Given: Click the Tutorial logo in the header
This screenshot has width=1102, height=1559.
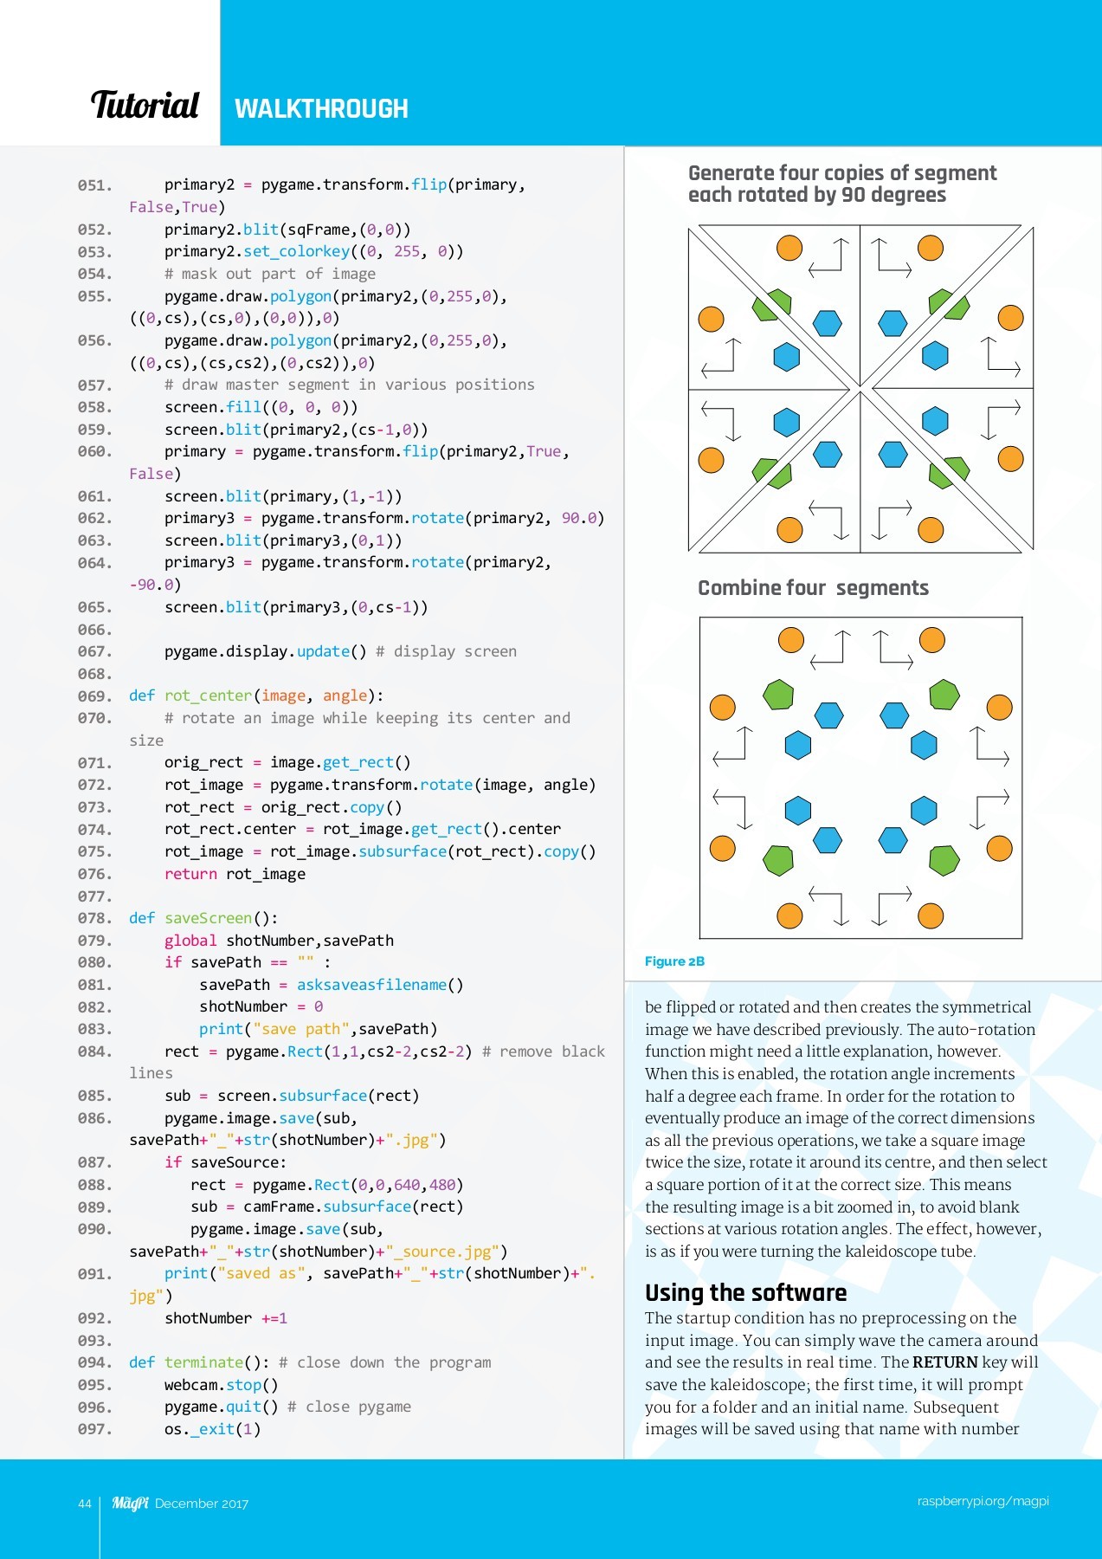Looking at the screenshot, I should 145,106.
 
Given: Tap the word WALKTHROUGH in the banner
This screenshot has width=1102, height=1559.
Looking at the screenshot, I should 321,109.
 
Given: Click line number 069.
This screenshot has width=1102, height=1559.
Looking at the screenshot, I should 94,696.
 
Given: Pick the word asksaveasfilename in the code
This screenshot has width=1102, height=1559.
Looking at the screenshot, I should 371,985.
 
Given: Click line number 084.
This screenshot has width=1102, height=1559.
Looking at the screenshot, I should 94,1051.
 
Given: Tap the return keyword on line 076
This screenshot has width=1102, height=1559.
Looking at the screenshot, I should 190,874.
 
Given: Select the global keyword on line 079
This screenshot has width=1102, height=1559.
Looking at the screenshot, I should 190,941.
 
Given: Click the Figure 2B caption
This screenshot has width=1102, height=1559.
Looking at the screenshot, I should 674,961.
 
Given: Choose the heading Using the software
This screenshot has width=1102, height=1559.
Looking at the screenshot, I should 745,1293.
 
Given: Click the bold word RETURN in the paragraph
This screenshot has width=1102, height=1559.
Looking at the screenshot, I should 944,1362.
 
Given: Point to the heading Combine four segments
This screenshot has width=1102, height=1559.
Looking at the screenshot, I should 813,588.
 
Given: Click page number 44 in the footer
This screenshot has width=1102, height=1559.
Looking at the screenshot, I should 84,1504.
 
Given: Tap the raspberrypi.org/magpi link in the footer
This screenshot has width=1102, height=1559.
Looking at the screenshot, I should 983,1501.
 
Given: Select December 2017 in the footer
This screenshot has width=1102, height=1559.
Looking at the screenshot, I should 202,1504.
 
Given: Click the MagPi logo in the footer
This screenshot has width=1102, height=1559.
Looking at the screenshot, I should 130,1503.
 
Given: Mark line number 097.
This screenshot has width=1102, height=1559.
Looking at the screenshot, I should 94,1429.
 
